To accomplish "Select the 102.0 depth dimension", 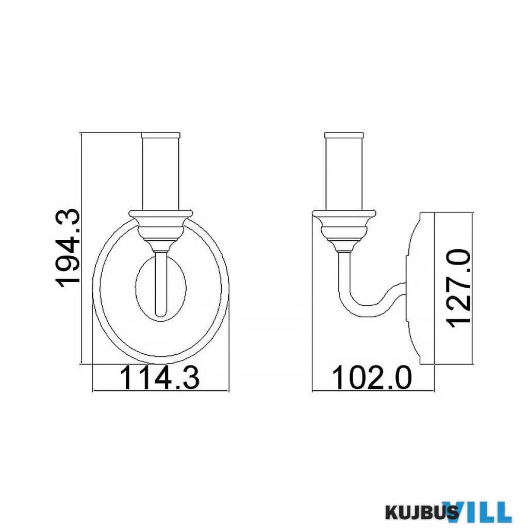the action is click(372, 377).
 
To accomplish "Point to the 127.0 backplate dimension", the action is click(458, 288).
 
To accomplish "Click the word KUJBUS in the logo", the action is click(421, 513).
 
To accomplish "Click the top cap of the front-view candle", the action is click(161, 135).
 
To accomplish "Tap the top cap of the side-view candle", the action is click(344, 135).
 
